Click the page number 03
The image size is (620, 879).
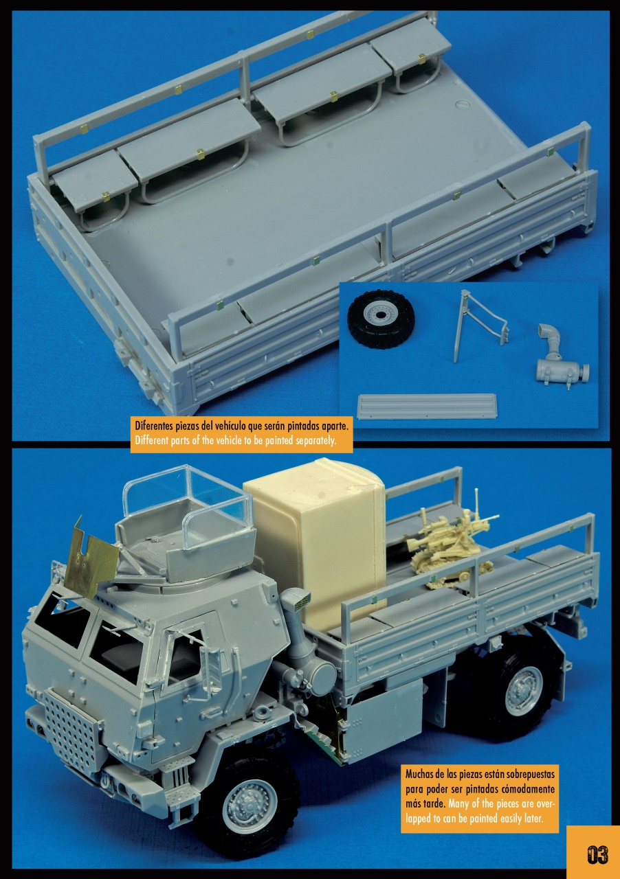pyautogui.click(x=597, y=854)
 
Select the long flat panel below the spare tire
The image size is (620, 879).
pyautogui.click(x=427, y=406)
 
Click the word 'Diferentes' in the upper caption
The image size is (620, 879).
pyautogui.click(x=155, y=426)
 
